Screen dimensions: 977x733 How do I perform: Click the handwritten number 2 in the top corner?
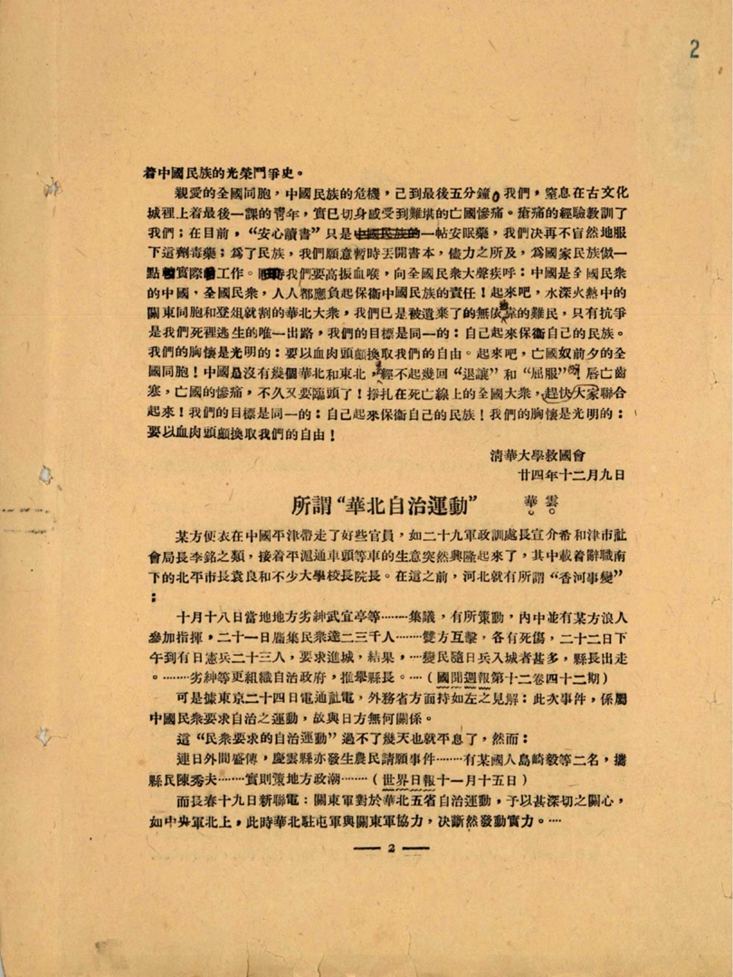694,50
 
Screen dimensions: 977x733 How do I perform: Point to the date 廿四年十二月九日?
570,473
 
